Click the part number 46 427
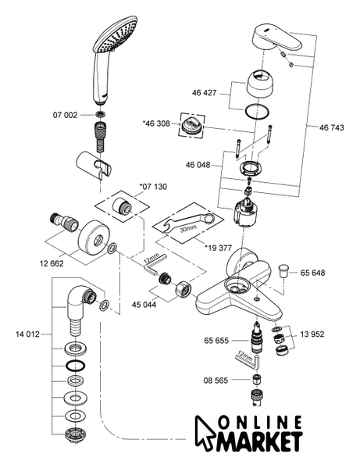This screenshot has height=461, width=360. [x=205, y=93]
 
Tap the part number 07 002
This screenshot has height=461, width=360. [x=65, y=115]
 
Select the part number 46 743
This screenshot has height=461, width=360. [x=331, y=127]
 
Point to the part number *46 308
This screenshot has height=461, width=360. [x=156, y=123]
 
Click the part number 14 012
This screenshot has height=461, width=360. [x=27, y=334]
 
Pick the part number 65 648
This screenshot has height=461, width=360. [x=312, y=273]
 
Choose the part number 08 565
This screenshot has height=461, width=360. [x=216, y=381]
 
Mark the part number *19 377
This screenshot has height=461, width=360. [x=218, y=248]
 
